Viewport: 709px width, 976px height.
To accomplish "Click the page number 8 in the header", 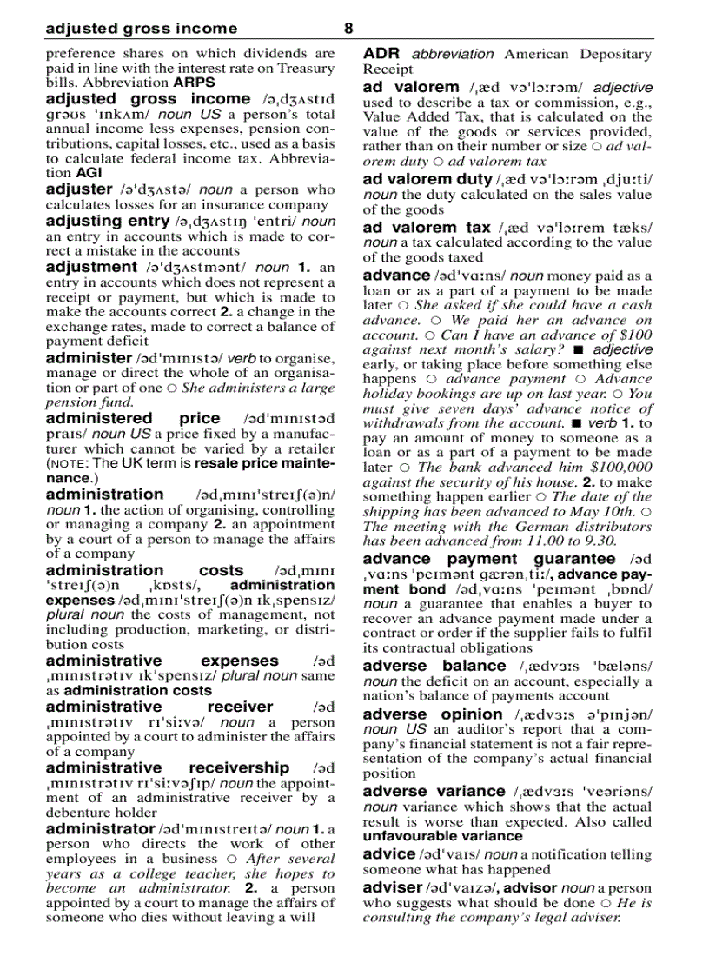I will tap(348, 29).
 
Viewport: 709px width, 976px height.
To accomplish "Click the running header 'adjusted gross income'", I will tap(141, 29).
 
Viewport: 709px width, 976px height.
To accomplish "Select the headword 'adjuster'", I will tap(78, 189).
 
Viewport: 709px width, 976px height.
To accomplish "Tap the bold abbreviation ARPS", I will tap(194, 83).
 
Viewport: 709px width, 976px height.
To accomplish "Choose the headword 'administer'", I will tap(88, 357).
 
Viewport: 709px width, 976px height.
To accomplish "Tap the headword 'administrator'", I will tap(100, 829).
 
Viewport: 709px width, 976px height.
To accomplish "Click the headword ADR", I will tap(381, 54).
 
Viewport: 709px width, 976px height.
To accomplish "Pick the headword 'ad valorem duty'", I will tap(427, 180).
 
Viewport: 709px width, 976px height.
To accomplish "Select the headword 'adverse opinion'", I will tap(432, 714).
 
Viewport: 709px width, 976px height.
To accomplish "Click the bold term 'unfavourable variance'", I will tap(442, 836).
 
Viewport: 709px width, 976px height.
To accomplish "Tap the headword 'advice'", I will tap(388, 854).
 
